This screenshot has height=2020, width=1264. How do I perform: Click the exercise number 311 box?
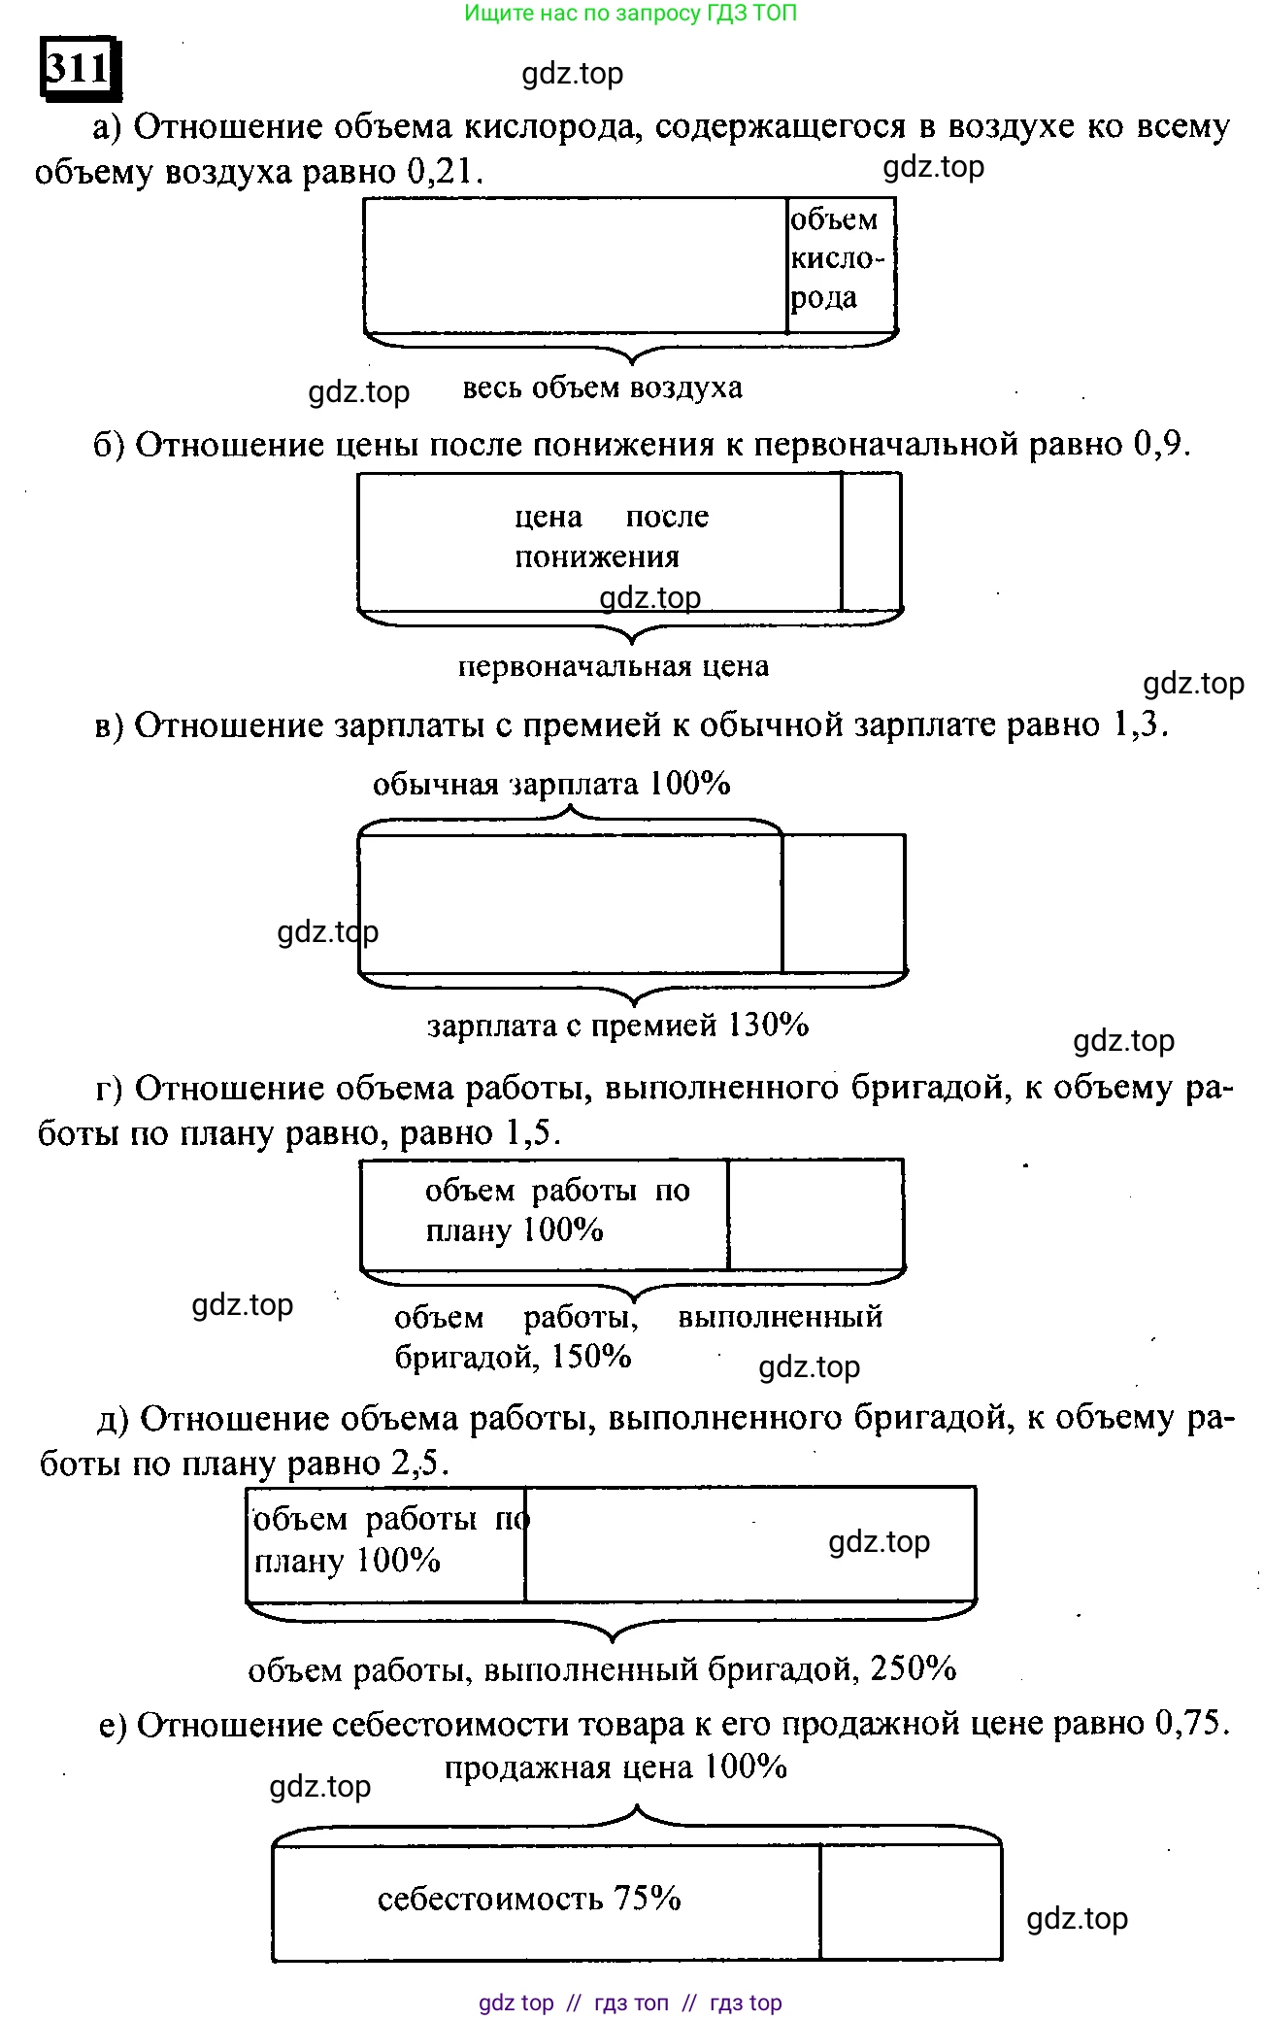[x=80, y=68]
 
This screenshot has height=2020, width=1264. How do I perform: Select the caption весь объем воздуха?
[x=602, y=388]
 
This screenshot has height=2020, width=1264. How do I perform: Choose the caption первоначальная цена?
[x=614, y=666]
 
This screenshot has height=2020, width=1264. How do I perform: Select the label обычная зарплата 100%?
[x=551, y=784]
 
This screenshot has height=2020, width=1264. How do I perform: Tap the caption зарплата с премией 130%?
[x=618, y=1026]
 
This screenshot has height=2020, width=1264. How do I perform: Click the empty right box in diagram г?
[x=815, y=1214]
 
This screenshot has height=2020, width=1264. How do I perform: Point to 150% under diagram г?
[x=591, y=1357]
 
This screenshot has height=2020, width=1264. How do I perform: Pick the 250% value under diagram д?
[x=914, y=1668]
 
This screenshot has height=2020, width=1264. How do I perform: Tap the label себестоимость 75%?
[x=529, y=1899]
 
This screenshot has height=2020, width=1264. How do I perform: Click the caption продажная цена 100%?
[x=615, y=1767]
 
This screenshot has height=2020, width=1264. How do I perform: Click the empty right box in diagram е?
[x=911, y=1902]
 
